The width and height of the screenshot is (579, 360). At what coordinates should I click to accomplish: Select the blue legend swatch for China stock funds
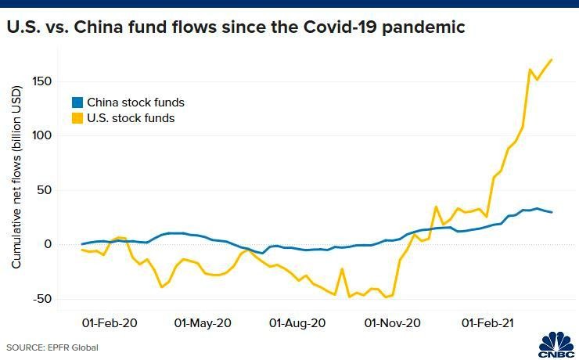click(77, 103)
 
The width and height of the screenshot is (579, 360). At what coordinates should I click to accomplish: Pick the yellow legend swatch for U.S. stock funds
click(77, 118)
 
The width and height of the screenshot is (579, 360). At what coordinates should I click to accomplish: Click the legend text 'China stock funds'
click(135, 103)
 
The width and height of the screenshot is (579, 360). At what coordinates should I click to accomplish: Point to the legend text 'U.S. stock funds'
click(131, 118)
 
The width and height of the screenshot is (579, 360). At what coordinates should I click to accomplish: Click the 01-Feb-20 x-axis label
click(110, 322)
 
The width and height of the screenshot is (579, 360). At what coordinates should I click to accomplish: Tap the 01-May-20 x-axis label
click(203, 322)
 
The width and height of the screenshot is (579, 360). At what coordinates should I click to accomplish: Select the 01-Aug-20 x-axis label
click(297, 322)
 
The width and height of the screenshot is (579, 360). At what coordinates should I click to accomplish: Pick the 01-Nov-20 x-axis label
click(392, 322)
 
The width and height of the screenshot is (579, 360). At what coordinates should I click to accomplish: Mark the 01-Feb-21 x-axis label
click(487, 322)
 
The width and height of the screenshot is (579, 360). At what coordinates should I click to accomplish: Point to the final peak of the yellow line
click(552, 59)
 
